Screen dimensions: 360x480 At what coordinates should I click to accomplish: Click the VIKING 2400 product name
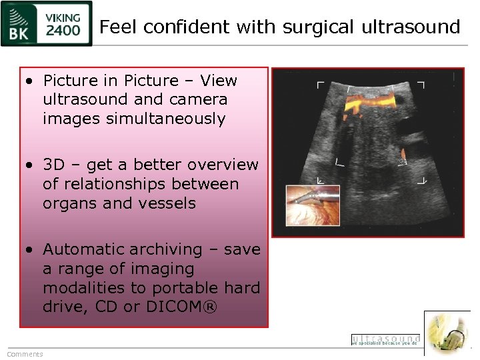click(x=63, y=24)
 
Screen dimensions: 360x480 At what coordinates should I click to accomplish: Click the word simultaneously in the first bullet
click(x=134, y=119)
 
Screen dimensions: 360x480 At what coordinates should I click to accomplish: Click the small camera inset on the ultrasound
click(x=313, y=205)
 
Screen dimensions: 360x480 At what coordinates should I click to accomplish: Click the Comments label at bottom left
click(x=25, y=354)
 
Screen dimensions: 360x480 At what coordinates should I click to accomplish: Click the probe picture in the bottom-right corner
click(x=447, y=333)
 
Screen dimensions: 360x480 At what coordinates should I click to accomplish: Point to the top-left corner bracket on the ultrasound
click(x=320, y=85)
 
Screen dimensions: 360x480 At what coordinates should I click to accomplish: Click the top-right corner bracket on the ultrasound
click(x=421, y=85)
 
